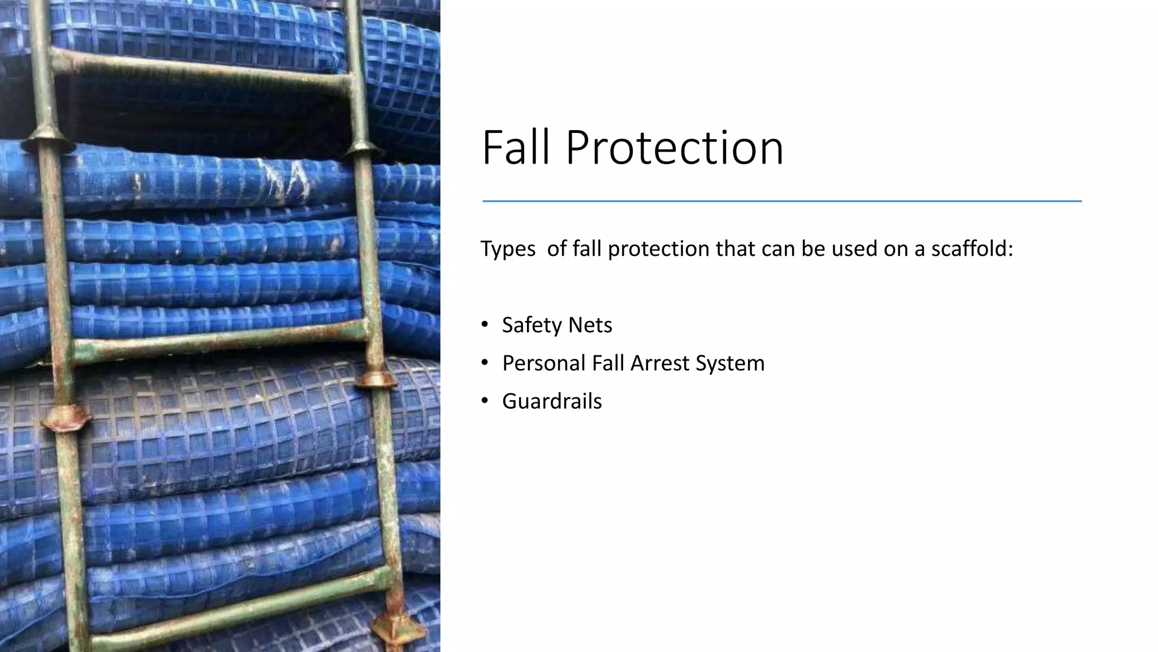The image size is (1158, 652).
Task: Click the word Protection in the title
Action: click(x=674, y=148)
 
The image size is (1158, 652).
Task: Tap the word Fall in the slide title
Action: click(x=516, y=148)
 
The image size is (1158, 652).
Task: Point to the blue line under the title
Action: click(x=781, y=201)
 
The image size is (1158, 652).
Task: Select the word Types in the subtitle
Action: click(x=508, y=249)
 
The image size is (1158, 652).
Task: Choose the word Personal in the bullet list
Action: click(x=543, y=363)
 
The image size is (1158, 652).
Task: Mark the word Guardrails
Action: click(x=552, y=401)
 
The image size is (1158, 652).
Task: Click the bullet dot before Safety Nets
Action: click(x=484, y=325)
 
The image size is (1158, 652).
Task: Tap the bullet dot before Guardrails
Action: click(x=484, y=401)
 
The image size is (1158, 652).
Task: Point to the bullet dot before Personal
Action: click(x=484, y=363)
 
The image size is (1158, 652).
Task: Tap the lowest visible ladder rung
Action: click(x=237, y=608)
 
